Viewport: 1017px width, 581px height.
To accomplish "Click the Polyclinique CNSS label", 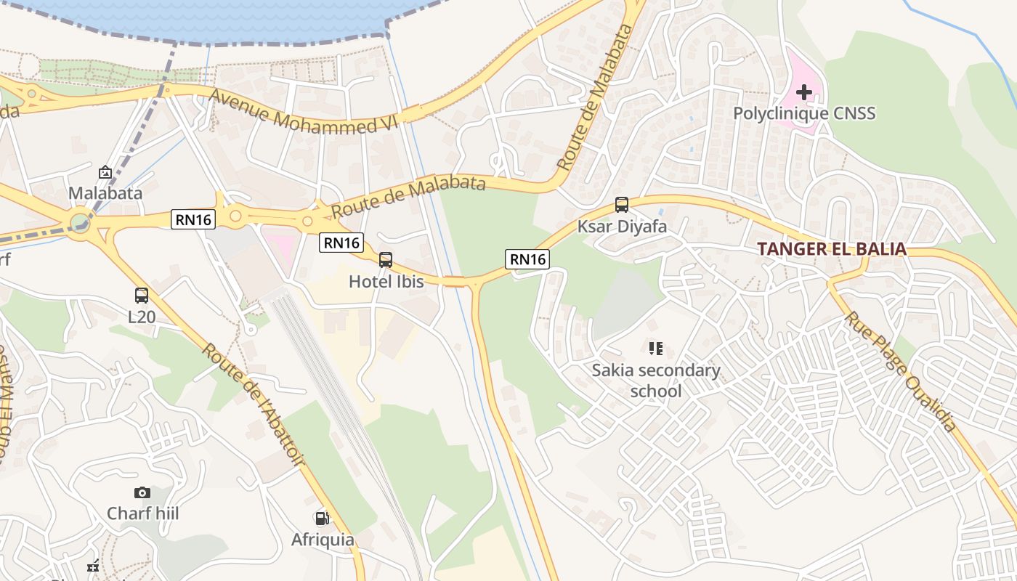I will [x=803, y=113].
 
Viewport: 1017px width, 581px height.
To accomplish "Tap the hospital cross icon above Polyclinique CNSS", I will [x=803, y=92].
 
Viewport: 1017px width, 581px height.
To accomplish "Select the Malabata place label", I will [x=105, y=193].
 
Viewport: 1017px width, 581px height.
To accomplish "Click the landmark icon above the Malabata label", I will [x=105, y=172].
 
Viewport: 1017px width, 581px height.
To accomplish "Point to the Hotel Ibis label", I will [x=386, y=281].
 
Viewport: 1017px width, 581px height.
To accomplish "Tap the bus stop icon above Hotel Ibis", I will [x=386, y=259].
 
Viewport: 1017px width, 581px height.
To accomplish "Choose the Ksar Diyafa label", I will [x=622, y=226].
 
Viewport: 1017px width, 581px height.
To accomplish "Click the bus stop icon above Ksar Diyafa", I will [x=622, y=205].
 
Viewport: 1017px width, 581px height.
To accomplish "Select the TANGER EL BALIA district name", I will [x=832, y=249].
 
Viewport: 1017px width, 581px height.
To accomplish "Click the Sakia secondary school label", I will [x=656, y=381].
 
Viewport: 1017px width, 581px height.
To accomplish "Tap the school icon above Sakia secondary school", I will [x=656, y=349].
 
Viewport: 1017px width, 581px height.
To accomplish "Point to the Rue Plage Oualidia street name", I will [x=901, y=371].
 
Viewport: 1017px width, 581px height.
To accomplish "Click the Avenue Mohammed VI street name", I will [x=305, y=113].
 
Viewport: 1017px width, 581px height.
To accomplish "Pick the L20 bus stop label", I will [x=142, y=317].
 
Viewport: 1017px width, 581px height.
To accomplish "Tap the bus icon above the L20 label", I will [x=142, y=296].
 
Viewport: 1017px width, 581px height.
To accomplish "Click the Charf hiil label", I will [x=142, y=513].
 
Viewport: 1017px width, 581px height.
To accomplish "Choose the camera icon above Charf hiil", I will [x=142, y=493].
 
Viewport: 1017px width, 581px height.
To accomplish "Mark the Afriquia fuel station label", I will [x=323, y=540].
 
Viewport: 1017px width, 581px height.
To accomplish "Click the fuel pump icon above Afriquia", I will [x=322, y=519].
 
